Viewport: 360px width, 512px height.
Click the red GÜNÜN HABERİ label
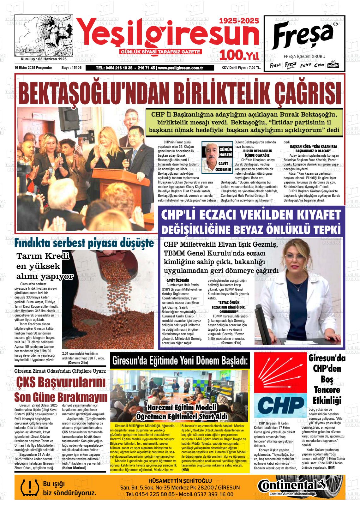225,152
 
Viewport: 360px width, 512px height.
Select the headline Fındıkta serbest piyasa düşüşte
84,243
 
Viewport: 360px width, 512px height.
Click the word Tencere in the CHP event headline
327,390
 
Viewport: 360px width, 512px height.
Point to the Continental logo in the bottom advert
292,485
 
